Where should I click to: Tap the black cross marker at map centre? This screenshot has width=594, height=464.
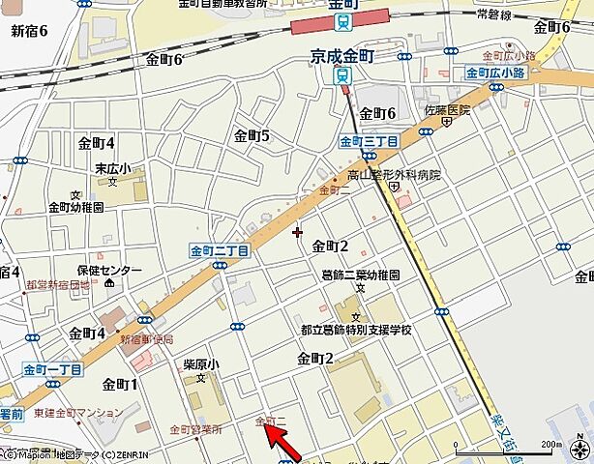(x=297, y=232)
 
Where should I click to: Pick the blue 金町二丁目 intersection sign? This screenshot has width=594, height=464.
(x=220, y=250)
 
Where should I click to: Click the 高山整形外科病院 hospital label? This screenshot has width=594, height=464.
(x=394, y=175)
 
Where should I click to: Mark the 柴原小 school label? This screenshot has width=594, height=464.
(x=201, y=365)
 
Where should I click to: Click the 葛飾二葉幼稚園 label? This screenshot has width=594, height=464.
(x=361, y=275)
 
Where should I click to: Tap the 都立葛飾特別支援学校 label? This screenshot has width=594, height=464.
(x=355, y=330)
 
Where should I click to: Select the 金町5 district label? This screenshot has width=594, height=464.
(x=252, y=135)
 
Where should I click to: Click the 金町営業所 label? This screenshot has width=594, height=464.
(x=195, y=429)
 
